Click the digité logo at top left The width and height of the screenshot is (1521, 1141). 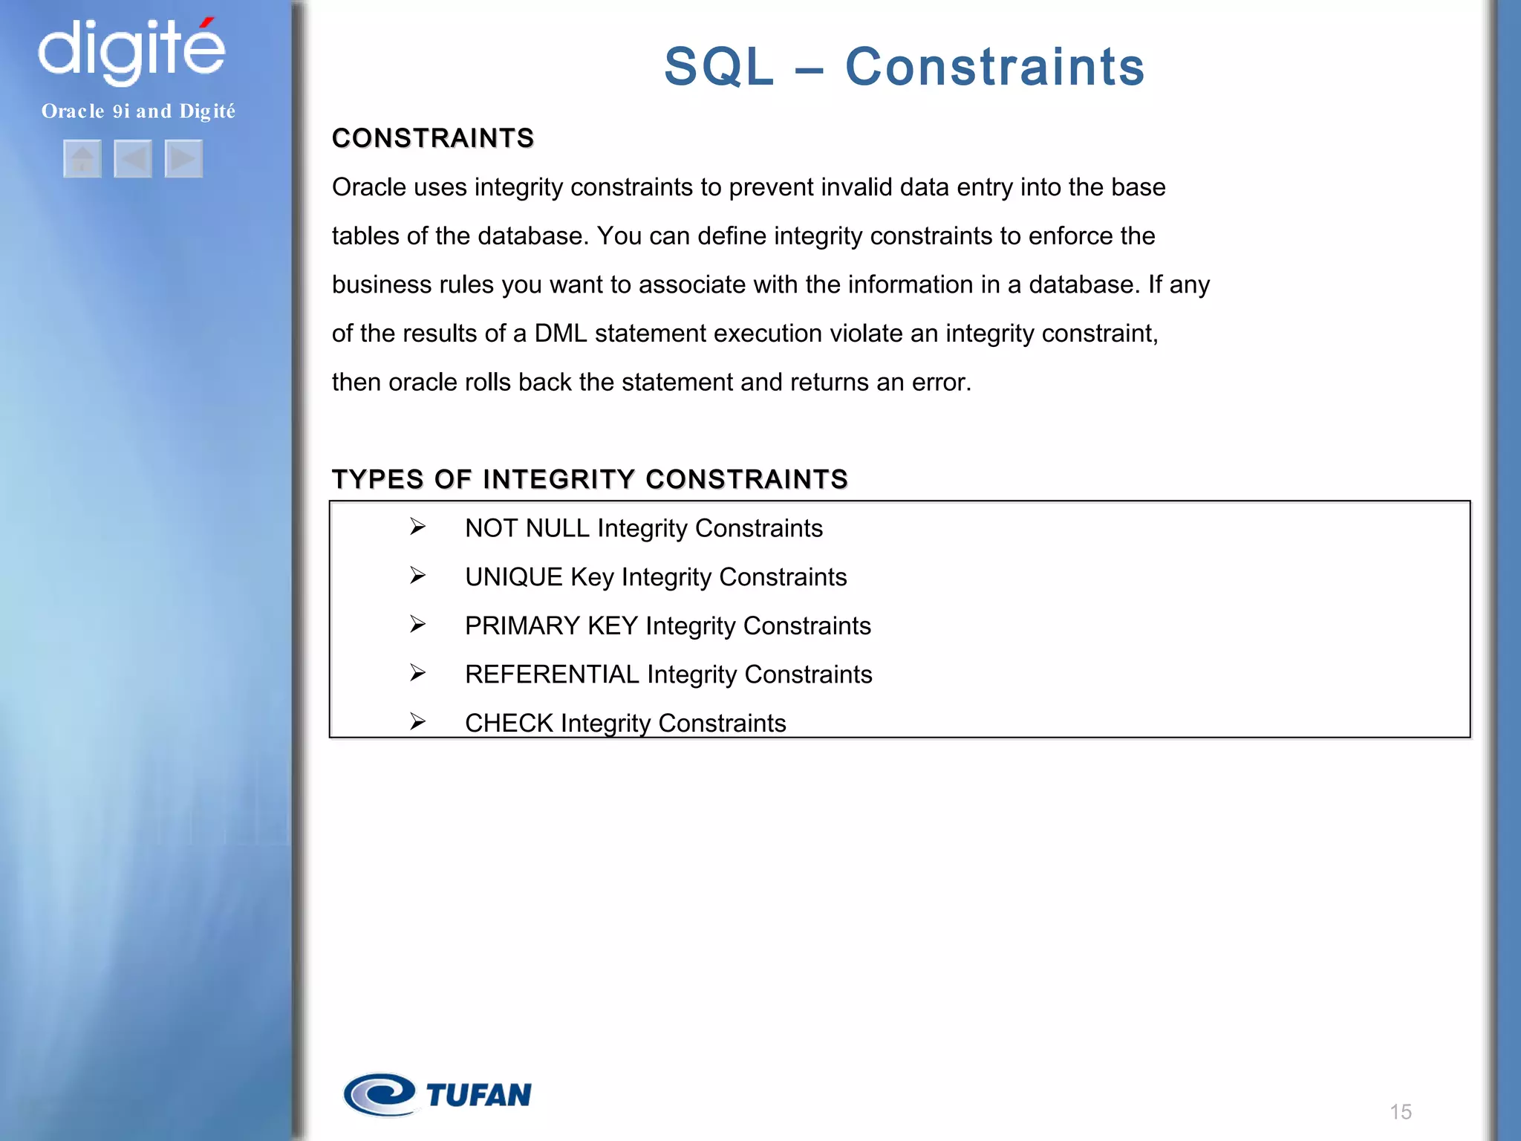(131, 50)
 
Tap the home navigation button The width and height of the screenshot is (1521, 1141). (82, 158)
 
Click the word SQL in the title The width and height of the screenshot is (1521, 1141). (718, 67)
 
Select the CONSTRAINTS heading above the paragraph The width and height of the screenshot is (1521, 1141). (433, 138)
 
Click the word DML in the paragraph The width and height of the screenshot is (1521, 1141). (560, 334)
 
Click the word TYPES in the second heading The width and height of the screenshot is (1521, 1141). (377, 479)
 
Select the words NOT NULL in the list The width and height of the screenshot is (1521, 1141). (527, 528)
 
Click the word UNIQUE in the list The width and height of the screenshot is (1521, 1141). (513, 577)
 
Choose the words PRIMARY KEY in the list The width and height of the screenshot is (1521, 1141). (551, 625)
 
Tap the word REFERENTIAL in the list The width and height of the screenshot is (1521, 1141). (552, 674)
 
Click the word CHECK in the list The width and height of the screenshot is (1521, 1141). (509, 723)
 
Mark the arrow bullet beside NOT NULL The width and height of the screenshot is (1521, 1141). (417, 527)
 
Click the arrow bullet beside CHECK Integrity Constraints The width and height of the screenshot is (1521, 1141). (417, 721)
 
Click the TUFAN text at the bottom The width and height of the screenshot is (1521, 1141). (478, 1095)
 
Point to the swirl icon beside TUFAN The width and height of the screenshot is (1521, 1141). (380, 1094)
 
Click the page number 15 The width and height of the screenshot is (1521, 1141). (1400, 1112)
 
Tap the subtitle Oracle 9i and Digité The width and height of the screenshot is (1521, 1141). (138, 111)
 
